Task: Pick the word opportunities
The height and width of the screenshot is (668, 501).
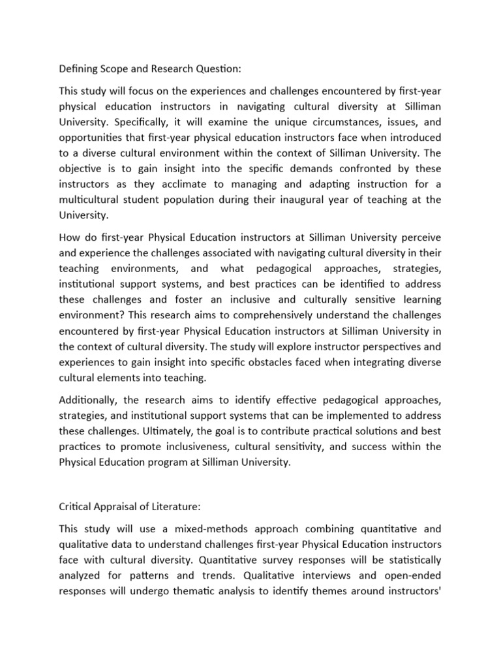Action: pyautogui.click(x=93, y=137)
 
